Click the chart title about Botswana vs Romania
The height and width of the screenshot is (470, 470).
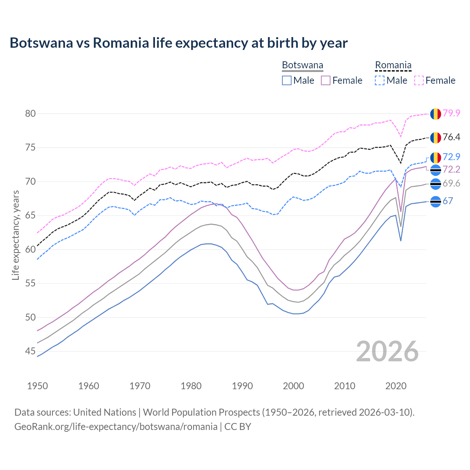[178, 43]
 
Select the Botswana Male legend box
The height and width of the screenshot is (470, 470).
[287, 80]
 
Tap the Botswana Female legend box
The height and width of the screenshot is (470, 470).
[326, 80]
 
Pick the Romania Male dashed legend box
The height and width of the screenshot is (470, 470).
[380, 80]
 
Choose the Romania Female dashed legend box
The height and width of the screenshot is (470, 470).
[419, 80]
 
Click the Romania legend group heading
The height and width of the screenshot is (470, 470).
[393, 65]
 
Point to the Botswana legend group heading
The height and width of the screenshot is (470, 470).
[303, 65]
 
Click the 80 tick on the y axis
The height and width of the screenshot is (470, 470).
[30, 114]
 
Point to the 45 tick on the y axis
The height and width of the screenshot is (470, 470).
[30, 351]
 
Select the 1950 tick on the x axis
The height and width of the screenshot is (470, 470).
[37, 386]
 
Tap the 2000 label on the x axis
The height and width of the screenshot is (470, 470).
[293, 386]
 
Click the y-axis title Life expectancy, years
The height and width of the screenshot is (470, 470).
[15, 235]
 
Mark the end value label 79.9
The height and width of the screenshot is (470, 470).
[451, 113]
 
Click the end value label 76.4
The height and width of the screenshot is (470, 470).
[451, 137]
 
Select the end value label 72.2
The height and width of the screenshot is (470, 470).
[451, 169]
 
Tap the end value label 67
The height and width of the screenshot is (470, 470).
[448, 201]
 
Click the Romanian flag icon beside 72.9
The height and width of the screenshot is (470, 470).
[435, 158]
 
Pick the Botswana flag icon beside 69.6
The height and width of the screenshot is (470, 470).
[435, 184]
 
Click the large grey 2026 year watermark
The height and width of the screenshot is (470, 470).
[387, 351]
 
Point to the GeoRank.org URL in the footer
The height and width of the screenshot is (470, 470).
[116, 427]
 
